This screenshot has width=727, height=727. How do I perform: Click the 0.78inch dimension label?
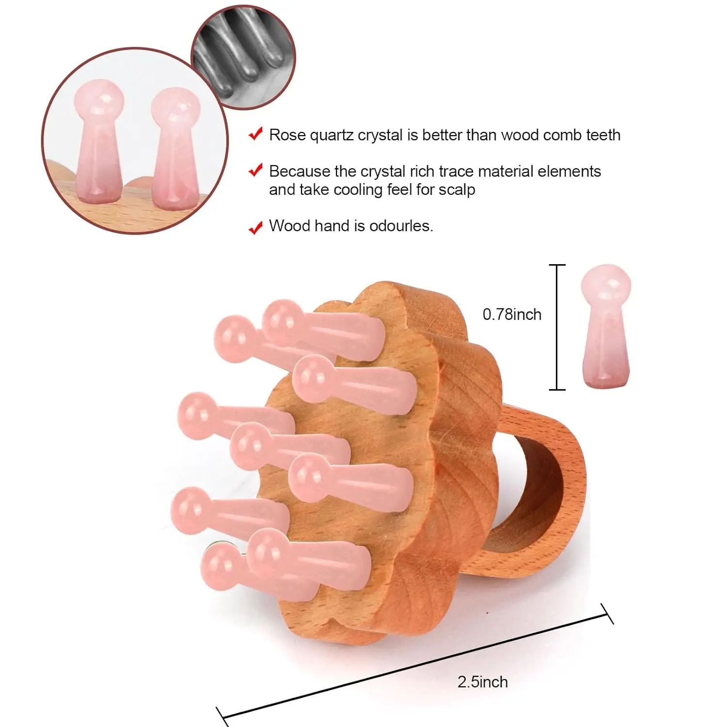tap(512, 315)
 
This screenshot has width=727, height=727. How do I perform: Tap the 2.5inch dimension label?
tap(482, 682)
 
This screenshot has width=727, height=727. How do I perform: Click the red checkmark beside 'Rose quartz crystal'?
tap(255, 134)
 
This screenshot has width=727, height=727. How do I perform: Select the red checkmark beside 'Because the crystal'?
tap(255, 170)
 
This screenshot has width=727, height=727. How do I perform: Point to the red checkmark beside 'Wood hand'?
tap(255, 227)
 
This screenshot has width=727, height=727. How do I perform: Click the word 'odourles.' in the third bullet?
tap(401, 226)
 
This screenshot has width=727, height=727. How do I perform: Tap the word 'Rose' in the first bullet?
tap(287, 135)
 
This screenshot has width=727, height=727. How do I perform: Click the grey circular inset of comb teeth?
tap(243, 57)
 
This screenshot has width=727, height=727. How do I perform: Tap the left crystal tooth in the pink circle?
tap(98, 143)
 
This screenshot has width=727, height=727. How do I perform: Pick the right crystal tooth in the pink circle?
tap(174, 148)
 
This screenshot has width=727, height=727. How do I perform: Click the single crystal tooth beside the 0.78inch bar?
tap(606, 326)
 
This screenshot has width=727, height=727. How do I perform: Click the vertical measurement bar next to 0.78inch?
tap(557, 327)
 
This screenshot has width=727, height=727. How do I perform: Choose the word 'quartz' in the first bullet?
tap(332, 135)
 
